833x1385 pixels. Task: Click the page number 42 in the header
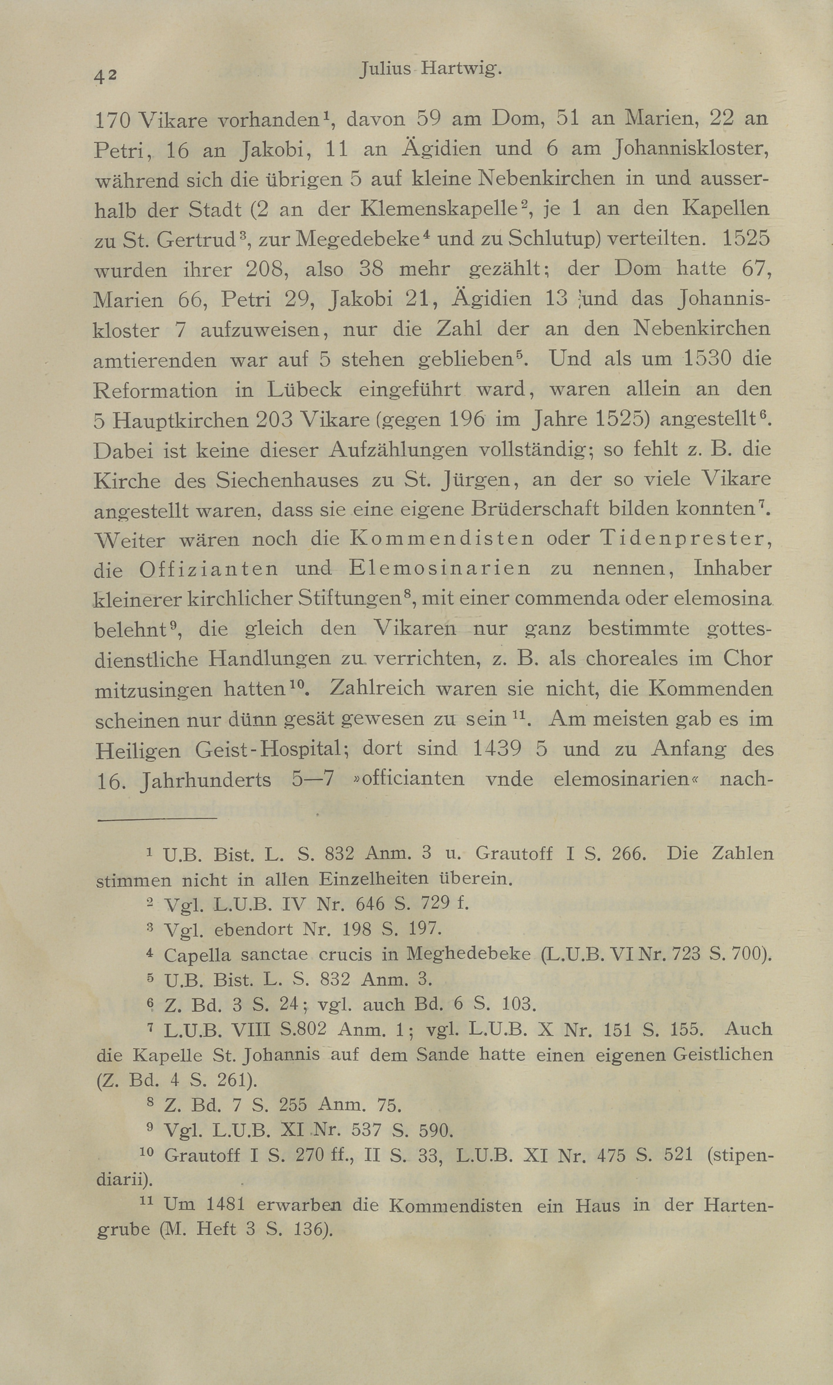coord(105,75)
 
